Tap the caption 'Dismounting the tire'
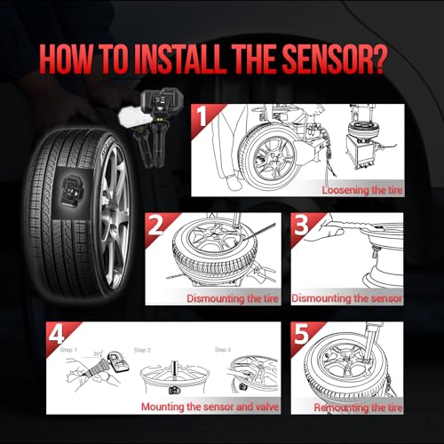233,298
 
